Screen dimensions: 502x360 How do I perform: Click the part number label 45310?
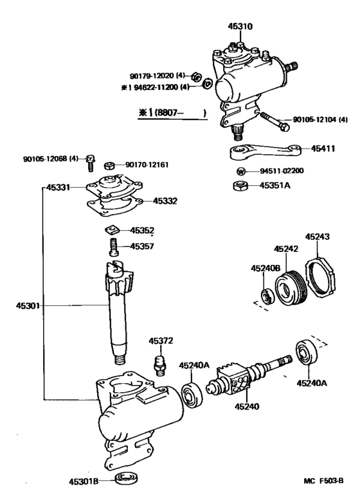coord(240,27)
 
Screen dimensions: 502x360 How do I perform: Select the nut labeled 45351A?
coord(239,187)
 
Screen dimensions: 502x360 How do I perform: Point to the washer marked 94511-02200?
coord(240,172)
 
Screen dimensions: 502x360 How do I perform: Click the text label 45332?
coord(165,201)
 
